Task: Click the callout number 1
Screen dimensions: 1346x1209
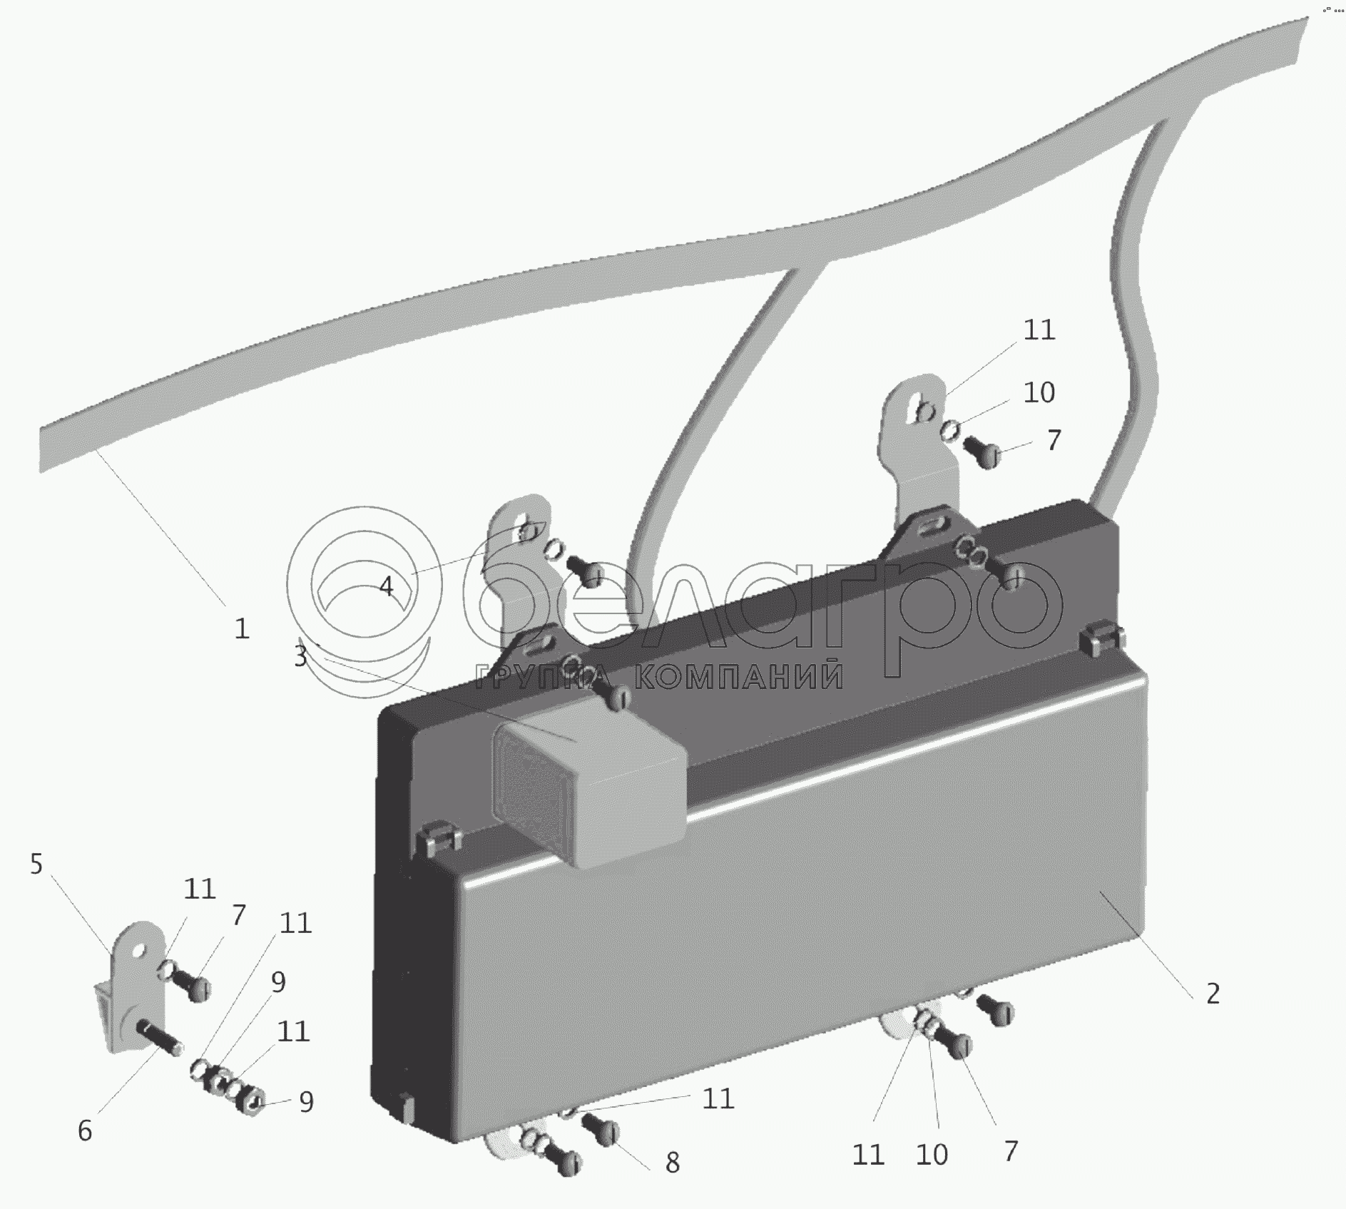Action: tap(242, 628)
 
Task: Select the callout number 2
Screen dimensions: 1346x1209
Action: tap(1213, 994)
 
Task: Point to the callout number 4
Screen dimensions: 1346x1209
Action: tap(386, 586)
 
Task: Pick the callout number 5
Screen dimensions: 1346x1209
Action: tap(36, 864)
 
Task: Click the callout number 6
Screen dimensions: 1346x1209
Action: tap(85, 1131)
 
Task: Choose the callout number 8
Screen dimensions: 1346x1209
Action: tap(672, 1163)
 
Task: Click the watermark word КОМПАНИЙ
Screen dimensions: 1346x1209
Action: tap(738, 676)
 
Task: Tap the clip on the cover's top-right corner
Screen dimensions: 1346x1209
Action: tap(1101, 641)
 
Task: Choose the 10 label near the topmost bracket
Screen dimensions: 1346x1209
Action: tap(1039, 392)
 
